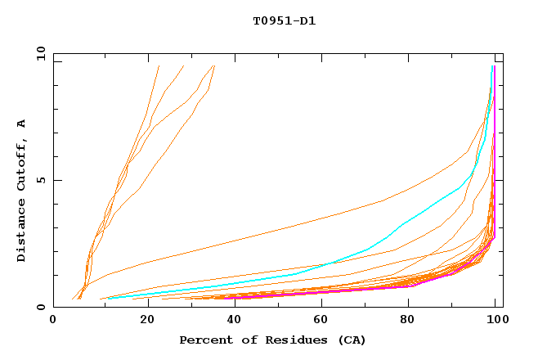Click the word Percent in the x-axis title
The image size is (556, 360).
202,340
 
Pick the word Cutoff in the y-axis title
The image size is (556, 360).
21,164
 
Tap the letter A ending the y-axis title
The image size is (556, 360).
21,124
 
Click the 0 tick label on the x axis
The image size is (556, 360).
53,322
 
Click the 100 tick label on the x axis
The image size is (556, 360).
495,322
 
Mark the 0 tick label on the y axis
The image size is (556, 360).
41,308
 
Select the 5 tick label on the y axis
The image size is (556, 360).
41,180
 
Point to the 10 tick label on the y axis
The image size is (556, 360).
38,53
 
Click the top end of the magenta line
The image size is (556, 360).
494,66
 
